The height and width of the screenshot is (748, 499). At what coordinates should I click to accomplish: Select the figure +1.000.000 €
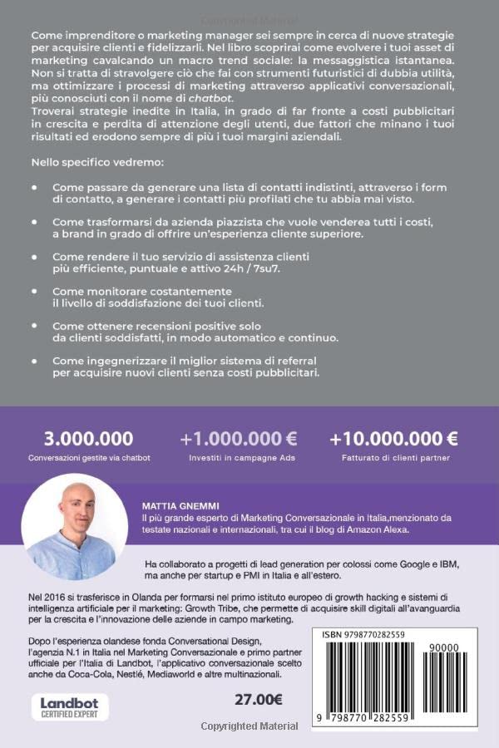coord(239,438)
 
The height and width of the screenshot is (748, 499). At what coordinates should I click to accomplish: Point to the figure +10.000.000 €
coord(393,438)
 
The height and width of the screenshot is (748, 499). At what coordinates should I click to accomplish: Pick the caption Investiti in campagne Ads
coord(239,458)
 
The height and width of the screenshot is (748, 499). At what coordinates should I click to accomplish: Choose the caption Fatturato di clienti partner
coord(394,458)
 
